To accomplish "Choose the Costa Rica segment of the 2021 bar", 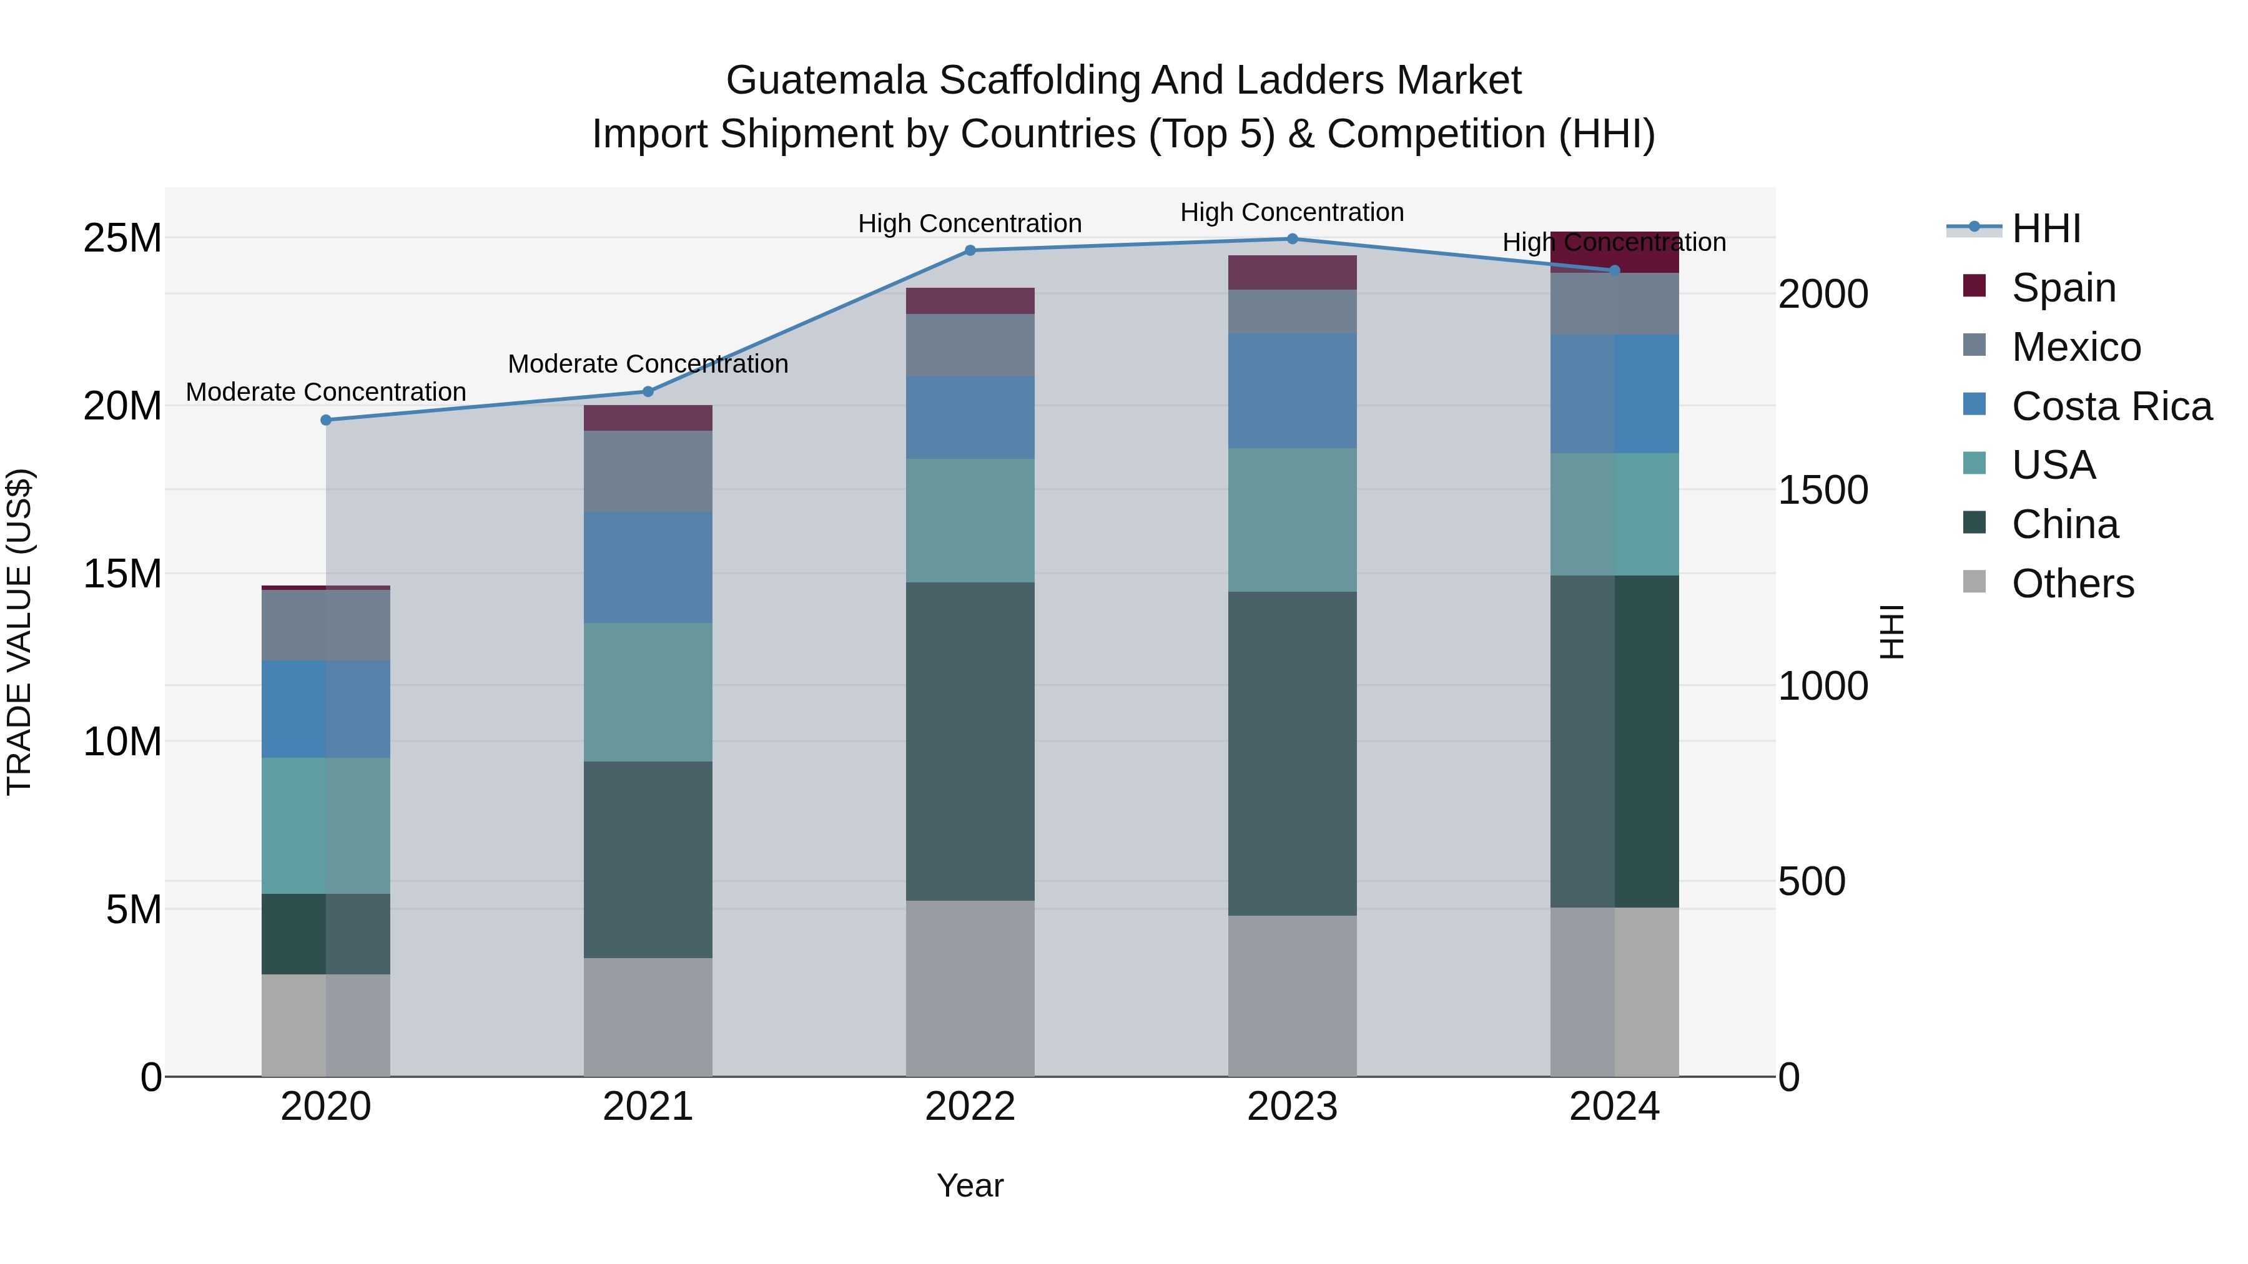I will click(648, 567).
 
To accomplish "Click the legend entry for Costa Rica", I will click(2111, 406).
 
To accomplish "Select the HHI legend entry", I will click(2046, 228).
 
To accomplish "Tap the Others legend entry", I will click(2073, 584).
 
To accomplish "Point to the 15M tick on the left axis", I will click(122, 574).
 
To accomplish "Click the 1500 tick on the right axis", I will click(1823, 490).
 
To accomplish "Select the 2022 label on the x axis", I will click(970, 1107).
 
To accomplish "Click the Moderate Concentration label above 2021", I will click(648, 364).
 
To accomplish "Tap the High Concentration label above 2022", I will click(970, 223).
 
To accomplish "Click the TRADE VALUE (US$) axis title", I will click(19, 632).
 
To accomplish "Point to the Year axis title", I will click(970, 1185).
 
